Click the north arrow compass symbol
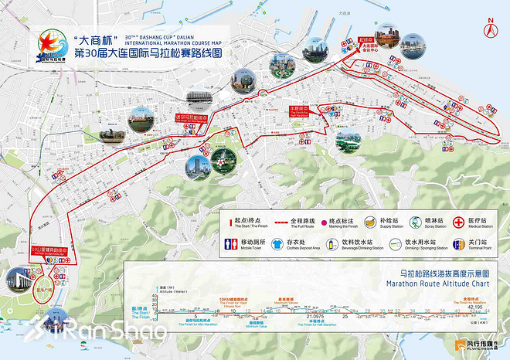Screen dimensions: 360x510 click(x=490, y=29)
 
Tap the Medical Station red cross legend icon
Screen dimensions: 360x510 click(x=461, y=221)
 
